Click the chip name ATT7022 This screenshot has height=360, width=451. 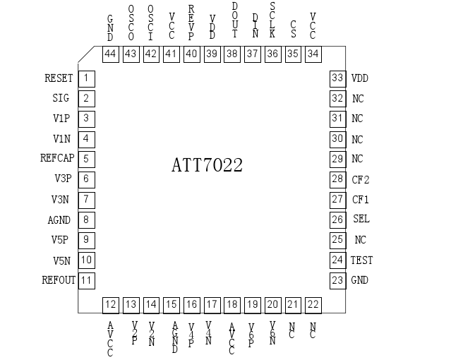[208, 166]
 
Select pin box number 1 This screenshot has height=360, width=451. [86, 78]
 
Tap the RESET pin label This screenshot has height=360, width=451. [59, 78]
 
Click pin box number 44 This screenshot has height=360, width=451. [110, 54]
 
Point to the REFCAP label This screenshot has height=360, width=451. [57, 159]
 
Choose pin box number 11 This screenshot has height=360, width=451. [86, 280]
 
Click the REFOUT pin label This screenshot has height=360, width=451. [58, 280]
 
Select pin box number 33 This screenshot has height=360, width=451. [337, 78]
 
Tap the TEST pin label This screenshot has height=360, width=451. [361, 260]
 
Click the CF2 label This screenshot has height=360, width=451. [361, 179]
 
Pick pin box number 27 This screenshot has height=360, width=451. [337, 200]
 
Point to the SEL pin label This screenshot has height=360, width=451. [361, 220]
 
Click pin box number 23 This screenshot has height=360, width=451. [337, 280]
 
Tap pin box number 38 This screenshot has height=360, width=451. [232, 54]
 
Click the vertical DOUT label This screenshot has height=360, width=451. [234, 19]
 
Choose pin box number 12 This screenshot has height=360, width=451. [110, 305]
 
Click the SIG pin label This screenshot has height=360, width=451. [61, 98]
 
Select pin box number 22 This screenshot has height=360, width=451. [313, 305]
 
